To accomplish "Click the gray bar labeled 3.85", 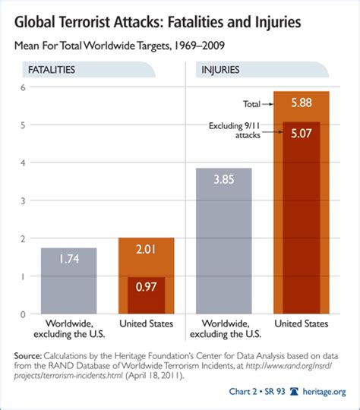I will click(224, 243).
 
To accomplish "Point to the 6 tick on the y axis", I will click(24, 87).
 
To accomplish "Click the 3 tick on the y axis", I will click(24, 200).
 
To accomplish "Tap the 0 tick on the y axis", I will click(24, 314).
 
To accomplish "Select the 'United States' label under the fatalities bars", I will click(147, 323).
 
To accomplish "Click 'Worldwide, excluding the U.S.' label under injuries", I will click(224, 329).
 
